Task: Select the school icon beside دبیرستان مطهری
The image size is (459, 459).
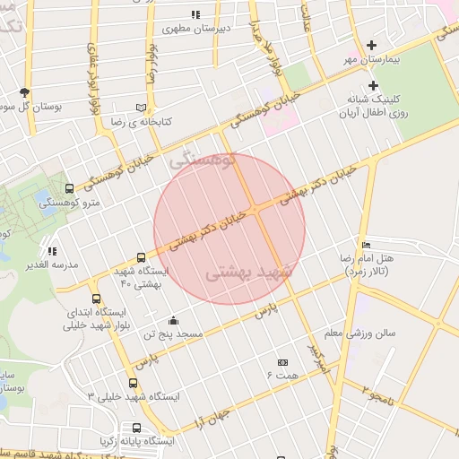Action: [x=195, y=15]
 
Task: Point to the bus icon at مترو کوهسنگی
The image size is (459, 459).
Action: [x=70, y=189]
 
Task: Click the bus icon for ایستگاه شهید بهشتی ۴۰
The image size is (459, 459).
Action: [x=141, y=257]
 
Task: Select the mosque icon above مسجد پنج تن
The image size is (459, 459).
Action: [x=173, y=321]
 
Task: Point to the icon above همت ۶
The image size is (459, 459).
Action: [x=283, y=361]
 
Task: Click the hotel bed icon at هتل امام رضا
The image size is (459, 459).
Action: [x=365, y=245]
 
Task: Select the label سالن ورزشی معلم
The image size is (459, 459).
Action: [x=359, y=333]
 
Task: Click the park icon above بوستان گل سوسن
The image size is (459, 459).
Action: [x=24, y=92]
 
